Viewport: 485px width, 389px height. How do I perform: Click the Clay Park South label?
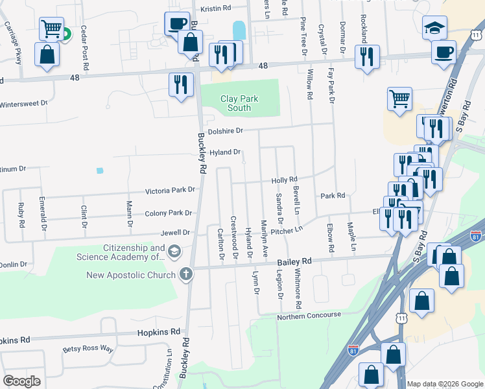point(239,103)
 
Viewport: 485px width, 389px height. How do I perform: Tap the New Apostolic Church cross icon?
point(186,274)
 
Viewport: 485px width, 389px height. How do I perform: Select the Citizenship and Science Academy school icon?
point(174,251)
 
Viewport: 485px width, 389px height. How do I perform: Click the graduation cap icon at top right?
point(435,28)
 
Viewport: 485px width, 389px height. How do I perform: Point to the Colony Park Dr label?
point(169,213)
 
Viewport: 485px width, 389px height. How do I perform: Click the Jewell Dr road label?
point(176,232)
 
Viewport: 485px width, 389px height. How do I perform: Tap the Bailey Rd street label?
point(295,261)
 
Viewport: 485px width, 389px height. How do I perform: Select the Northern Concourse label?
point(309,315)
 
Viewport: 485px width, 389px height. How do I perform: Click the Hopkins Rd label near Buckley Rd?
point(158,331)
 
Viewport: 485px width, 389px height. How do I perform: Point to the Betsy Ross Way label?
point(88,349)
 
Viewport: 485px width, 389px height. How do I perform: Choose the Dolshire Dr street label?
point(221,130)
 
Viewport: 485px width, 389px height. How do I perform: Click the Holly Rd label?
point(284,180)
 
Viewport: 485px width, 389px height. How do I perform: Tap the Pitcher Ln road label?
point(287,230)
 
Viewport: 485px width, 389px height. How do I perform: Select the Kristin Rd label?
point(216,9)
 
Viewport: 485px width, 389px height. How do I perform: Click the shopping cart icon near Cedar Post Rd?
point(51,28)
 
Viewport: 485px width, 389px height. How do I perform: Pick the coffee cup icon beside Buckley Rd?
point(176,24)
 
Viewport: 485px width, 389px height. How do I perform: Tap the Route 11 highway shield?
point(402,318)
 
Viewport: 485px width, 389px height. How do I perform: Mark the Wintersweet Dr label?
point(24,103)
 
